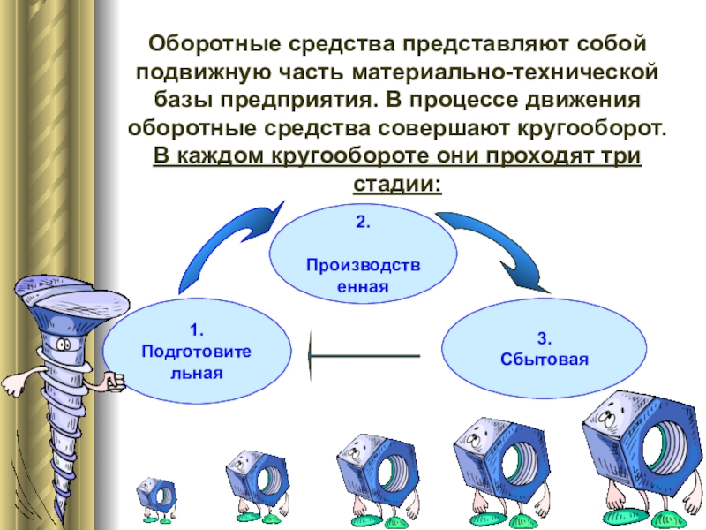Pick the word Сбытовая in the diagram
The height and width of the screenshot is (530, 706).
pyautogui.click(x=544, y=360)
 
